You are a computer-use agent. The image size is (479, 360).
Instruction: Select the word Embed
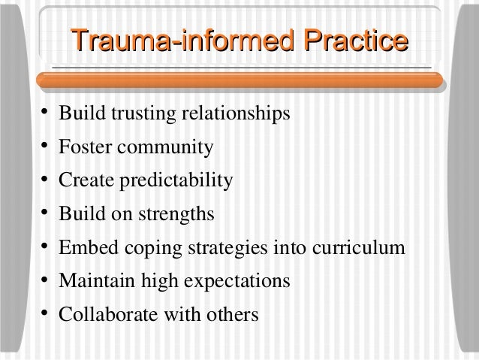(x=86, y=248)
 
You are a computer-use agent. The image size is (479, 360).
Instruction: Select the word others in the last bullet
(x=233, y=314)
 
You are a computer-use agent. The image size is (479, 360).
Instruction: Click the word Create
(x=84, y=181)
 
